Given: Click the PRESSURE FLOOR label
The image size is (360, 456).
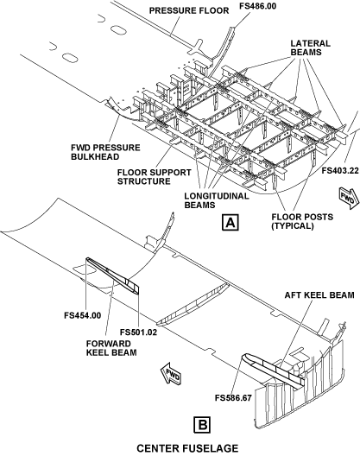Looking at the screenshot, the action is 189,10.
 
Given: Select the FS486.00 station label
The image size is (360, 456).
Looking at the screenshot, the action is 257,6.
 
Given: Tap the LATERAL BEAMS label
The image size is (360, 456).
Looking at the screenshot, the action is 310,47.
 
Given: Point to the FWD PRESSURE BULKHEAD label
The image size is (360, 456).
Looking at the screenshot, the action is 105,152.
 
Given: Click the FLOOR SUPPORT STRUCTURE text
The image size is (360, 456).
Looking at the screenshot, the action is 155,177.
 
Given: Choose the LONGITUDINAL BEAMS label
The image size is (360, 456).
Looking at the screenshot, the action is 217,200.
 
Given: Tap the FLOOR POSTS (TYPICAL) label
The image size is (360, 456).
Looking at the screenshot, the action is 302,221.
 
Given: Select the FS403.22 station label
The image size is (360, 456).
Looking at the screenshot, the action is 340,171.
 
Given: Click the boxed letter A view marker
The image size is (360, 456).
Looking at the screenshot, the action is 230,223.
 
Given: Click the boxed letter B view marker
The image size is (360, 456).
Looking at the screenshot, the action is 202,425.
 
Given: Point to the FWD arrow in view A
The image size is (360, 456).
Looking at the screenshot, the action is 349,199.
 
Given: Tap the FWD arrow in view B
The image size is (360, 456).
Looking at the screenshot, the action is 172,374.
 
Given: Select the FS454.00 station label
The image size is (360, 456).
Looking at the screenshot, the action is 83,315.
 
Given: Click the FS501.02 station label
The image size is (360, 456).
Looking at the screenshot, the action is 138,332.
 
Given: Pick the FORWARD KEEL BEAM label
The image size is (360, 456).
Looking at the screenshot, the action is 111,348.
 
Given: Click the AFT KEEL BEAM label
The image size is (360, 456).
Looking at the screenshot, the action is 319,294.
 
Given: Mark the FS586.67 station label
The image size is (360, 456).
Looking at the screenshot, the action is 233,397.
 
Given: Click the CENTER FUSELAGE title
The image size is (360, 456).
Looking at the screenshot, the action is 187,448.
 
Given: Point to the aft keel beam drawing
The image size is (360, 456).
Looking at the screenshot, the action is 274,370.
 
